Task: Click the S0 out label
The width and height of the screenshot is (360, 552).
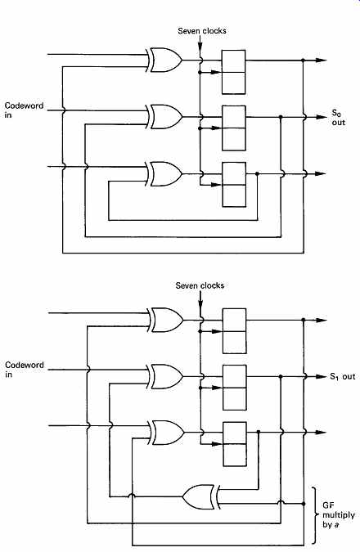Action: [339, 118]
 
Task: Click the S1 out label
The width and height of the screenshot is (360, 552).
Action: [343, 377]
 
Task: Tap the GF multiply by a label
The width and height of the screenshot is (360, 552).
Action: [339, 515]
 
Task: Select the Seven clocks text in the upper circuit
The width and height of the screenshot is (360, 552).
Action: [202, 31]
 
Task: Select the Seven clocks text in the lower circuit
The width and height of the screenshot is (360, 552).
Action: [200, 285]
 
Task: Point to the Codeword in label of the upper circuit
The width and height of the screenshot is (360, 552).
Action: [24, 110]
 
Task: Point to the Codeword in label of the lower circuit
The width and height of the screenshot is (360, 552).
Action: [25, 370]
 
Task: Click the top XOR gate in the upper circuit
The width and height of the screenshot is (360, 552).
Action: [164, 61]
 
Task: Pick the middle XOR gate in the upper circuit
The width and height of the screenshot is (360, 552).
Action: [164, 116]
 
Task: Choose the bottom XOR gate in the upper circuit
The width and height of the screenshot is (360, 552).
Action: [164, 174]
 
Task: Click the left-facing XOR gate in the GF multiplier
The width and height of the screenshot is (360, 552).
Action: [201, 497]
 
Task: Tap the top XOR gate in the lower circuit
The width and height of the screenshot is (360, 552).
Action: [165, 320]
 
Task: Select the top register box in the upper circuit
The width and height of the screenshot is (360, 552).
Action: [233, 72]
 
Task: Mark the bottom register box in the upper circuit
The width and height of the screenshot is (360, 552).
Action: [234, 185]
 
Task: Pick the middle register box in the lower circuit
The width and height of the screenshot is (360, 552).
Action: [234, 388]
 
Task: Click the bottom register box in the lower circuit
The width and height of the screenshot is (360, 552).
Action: [235, 444]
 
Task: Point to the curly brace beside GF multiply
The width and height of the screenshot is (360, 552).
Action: [313, 515]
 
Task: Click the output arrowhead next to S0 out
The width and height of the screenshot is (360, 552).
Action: [322, 117]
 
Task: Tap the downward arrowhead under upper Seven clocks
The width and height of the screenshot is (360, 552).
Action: [200, 47]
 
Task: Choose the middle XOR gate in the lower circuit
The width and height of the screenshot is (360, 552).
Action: [165, 376]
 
